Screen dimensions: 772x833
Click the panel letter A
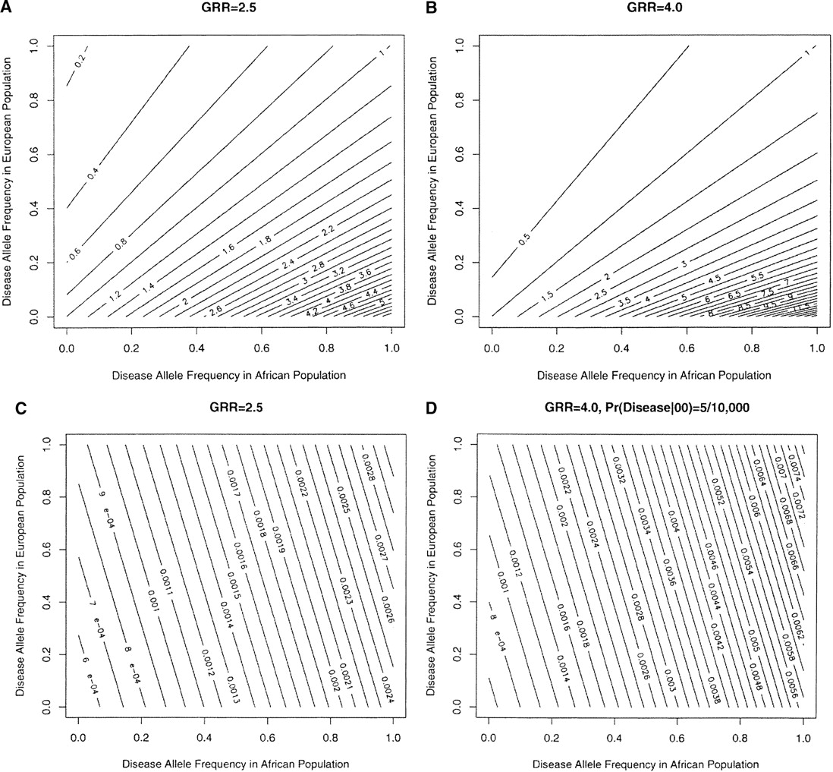click(x=5, y=7)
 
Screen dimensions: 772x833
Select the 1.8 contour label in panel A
click(x=264, y=241)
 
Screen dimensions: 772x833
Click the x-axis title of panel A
click(x=229, y=374)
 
